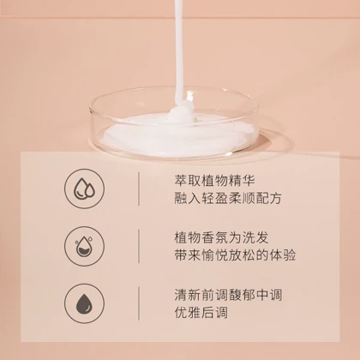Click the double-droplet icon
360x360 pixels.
point(84,189)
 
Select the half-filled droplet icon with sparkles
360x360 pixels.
point(84,246)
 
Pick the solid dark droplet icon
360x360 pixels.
point(84,303)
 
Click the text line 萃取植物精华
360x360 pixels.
point(214,181)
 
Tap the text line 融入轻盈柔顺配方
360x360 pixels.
point(228,198)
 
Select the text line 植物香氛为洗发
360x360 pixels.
point(221,237)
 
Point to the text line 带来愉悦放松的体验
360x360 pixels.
point(235,255)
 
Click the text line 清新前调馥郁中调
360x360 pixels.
point(228,295)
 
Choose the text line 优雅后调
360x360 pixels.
point(201,313)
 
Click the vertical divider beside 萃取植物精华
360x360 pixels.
point(139,189)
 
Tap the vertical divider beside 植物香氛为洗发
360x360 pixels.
point(139,246)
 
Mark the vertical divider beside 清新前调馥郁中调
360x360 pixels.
point(139,303)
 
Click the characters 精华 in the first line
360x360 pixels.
point(242,181)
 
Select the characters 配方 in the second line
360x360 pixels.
point(268,198)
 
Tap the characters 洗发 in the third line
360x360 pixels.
point(255,237)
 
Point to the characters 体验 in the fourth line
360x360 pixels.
point(282,255)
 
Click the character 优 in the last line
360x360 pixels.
point(181,313)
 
